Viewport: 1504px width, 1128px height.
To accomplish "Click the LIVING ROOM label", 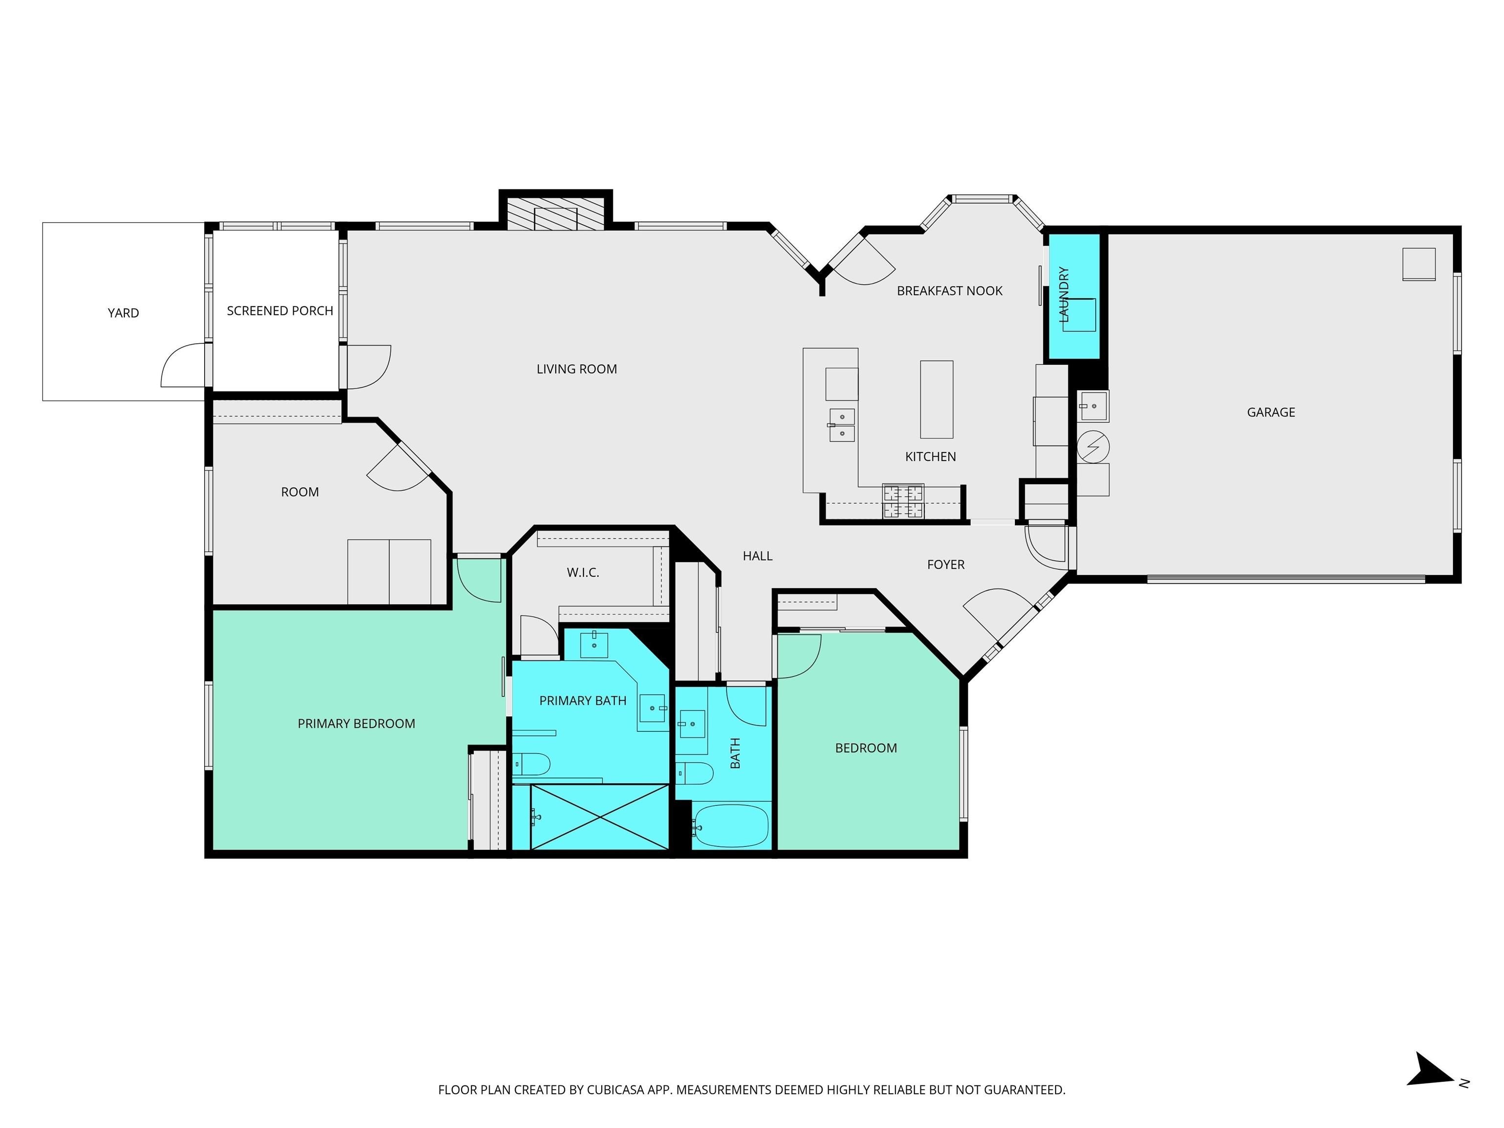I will tap(577, 369).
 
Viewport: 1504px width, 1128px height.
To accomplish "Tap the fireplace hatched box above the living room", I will tap(556, 213).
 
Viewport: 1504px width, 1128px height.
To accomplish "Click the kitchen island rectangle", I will tap(936, 399).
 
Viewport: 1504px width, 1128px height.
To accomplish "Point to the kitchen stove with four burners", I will tap(903, 501).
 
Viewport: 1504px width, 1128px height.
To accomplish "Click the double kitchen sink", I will tap(842, 425).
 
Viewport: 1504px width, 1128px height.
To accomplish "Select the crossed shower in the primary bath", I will tap(599, 817).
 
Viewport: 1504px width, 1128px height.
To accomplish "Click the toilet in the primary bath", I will tap(530, 764).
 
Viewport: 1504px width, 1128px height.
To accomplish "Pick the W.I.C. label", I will tap(583, 572).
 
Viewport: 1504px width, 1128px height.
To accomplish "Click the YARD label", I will tap(123, 313).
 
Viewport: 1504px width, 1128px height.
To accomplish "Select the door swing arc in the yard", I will tap(182, 366).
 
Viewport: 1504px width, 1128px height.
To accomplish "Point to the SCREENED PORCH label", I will tap(280, 311).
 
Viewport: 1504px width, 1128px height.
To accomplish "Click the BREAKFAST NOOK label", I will tap(949, 291).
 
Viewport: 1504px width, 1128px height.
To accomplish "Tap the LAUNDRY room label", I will tap(1064, 294).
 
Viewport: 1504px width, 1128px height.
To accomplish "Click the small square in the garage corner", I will tap(1418, 264).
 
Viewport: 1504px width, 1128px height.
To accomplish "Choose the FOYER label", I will tap(945, 564).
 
